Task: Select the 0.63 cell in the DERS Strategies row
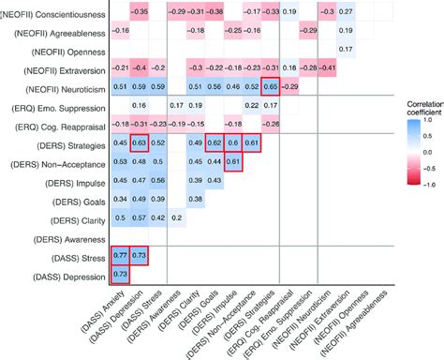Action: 141,142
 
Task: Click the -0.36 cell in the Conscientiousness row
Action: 141,11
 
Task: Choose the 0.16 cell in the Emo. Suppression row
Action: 141,105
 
